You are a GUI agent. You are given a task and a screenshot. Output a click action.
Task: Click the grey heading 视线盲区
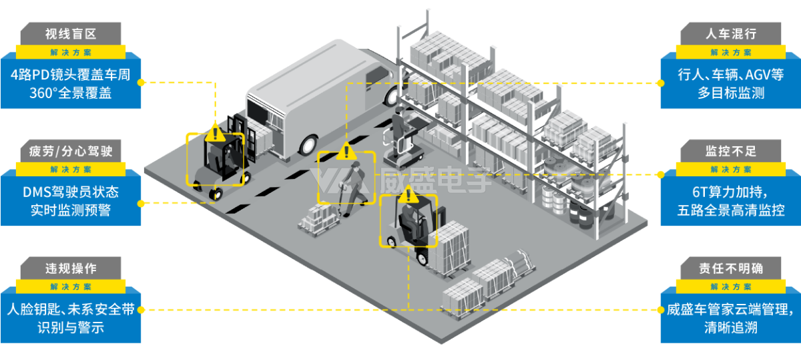71,34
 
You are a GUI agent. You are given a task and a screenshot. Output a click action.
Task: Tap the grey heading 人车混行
731,34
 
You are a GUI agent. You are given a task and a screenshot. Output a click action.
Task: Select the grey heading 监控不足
731,151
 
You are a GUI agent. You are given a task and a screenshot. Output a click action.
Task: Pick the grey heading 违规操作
71,268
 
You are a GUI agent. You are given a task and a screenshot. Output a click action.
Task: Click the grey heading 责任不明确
731,268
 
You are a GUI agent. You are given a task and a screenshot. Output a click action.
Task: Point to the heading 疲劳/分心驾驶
71,151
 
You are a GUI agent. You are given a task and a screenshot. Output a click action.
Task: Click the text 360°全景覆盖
71,93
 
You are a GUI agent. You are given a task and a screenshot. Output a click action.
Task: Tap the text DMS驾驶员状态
71,192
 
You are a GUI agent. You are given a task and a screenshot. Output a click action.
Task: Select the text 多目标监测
731,93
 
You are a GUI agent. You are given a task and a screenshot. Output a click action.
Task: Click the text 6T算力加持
730,192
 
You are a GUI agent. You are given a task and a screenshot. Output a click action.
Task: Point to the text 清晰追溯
731,327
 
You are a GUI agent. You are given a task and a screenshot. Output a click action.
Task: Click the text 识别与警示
71,327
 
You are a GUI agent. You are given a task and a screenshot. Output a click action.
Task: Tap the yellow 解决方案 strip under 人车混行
730,52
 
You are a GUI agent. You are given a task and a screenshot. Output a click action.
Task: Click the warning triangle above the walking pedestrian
346,151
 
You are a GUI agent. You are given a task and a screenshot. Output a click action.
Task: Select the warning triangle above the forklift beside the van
215,133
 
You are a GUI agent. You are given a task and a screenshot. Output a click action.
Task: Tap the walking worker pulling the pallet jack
353,188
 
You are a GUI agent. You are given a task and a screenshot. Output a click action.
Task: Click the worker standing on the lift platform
398,132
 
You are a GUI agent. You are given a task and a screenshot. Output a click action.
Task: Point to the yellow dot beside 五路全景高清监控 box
661,174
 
